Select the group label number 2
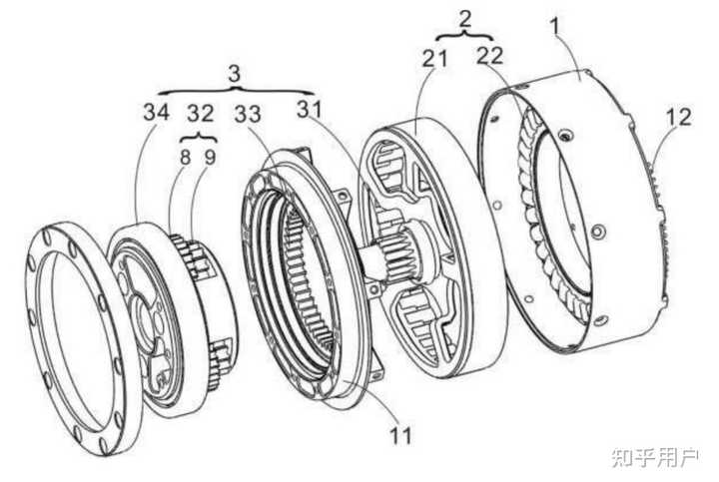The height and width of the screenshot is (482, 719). (464, 17)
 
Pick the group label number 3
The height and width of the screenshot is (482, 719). (235, 75)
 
